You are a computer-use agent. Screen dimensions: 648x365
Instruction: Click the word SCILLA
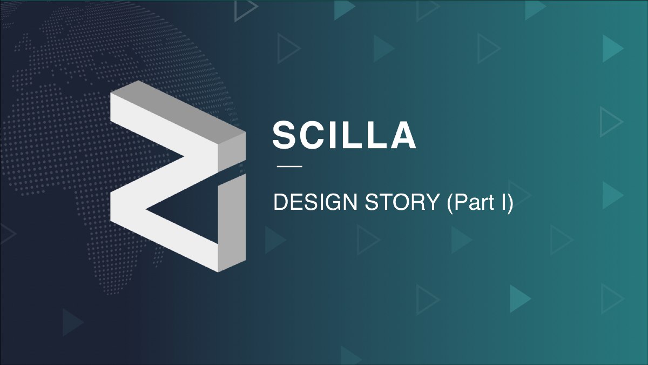pyautogui.click(x=345, y=135)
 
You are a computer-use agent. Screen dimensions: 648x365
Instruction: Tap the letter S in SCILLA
pyautogui.click(x=285, y=135)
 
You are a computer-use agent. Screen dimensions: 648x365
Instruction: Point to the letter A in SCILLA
pyautogui.click(x=403, y=135)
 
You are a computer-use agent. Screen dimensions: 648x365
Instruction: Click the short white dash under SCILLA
pyautogui.click(x=289, y=167)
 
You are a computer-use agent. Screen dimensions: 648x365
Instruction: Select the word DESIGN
pyautogui.click(x=315, y=202)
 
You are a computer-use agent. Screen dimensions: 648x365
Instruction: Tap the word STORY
pyautogui.click(x=403, y=202)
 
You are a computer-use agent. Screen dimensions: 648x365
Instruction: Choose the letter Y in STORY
pyautogui.click(x=433, y=202)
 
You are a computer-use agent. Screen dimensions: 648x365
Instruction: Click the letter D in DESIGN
pyautogui.click(x=281, y=202)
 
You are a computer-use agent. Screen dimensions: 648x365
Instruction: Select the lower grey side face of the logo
pyautogui.click(x=232, y=223)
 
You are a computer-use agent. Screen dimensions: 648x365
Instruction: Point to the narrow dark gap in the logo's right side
pyautogui.click(x=232, y=169)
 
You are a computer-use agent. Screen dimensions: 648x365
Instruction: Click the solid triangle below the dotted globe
pyautogui.click(x=73, y=322)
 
